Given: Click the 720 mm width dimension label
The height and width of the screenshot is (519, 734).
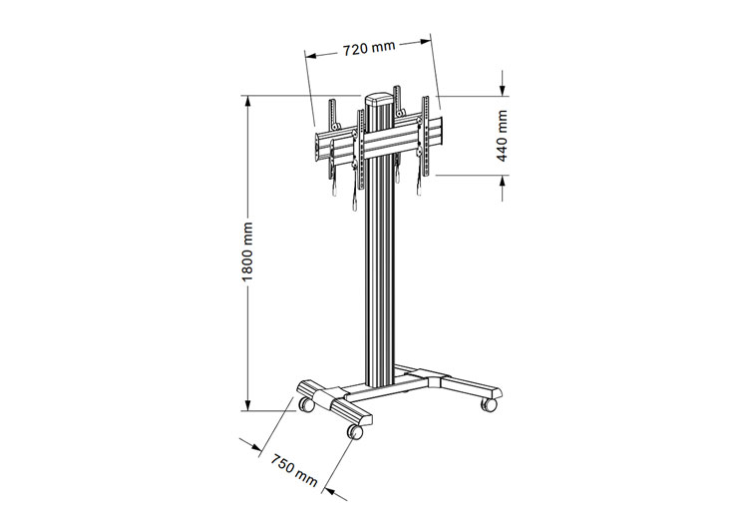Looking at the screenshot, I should [368, 47].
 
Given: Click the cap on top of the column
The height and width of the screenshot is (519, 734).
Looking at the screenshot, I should [380, 100].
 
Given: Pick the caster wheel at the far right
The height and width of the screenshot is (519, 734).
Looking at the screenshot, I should [489, 404].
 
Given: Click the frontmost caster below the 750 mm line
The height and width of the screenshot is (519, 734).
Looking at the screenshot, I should [355, 430].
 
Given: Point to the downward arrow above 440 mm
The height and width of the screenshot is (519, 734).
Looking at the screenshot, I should [504, 89].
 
